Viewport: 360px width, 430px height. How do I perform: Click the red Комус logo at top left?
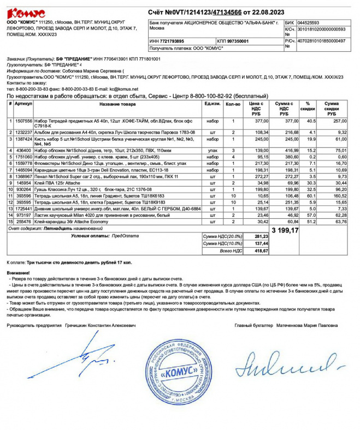[x=26, y=13]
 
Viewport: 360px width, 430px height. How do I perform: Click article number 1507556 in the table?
[x=23, y=121]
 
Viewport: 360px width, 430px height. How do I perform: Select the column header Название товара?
[x=117, y=104]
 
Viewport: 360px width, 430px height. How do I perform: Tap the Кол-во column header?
[x=233, y=104]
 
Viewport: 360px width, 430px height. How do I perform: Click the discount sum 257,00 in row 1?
[x=340, y=121]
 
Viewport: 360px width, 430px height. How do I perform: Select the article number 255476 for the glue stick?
[x=23, y=222]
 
